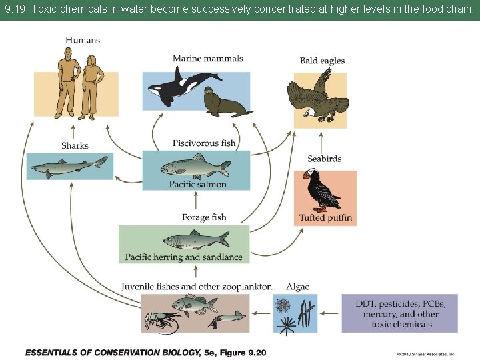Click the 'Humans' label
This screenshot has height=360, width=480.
[x=83, y=41]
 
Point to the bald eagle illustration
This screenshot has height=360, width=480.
[x=318, y=97]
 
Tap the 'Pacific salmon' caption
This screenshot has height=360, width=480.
[x=197, y=185]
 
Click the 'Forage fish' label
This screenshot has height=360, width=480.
[x=204, y=217]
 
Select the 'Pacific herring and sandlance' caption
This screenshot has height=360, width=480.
[x=184, y=257]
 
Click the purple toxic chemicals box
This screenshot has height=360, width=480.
[x=400, y=313]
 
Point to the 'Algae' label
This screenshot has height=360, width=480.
[x=297, y=287]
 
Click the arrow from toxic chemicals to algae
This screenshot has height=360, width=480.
[x=329, y=313]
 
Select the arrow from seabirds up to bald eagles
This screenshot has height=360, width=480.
[x=321, y=141]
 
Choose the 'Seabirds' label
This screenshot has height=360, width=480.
[x=325, y=159]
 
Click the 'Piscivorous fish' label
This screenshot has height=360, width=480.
[x=204, y=143]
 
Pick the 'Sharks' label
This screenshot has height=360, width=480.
[x=75, y=145]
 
